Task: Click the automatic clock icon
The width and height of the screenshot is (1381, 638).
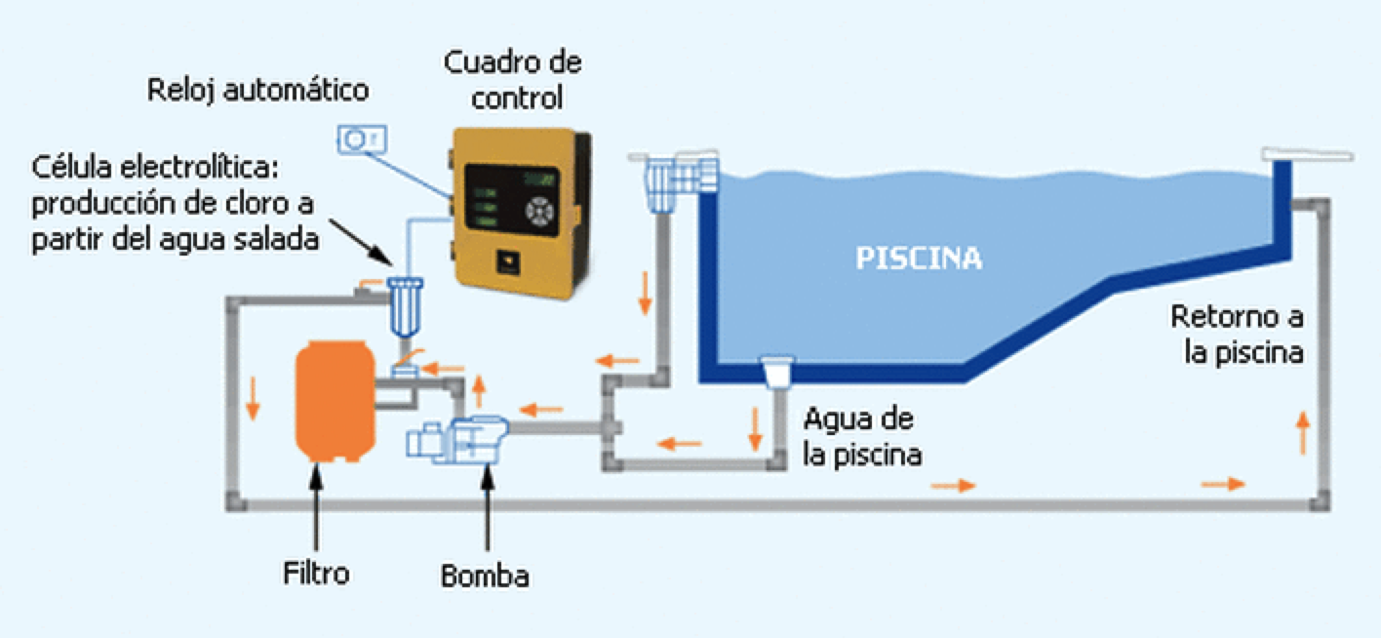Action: click(363, 140)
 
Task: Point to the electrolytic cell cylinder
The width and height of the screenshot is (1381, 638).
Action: click(401, 307)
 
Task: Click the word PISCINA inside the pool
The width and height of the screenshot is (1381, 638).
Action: click(919, 259)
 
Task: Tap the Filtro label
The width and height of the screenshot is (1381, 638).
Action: click(316, 573)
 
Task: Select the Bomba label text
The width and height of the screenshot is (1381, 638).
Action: click(485, 575)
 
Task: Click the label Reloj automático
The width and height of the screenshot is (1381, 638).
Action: click(258, 91)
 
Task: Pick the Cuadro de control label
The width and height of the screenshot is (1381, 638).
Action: click(514, 80)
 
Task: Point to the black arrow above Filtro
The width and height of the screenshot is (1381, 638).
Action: click(316, 507)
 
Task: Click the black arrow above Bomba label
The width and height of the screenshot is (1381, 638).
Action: click(486, 507)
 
